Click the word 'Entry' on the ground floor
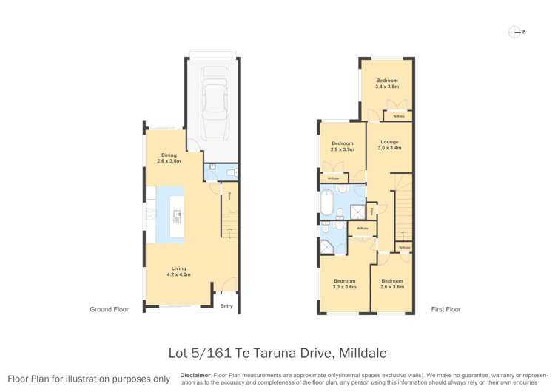(x=226, y=307)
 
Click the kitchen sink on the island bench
(x=178, y=217)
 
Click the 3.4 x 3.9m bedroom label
(x=386, y=84)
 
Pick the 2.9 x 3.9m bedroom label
(x=343, y=146)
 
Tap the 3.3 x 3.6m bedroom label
(x=344, y=284)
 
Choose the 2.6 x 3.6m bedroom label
(x=391, y=284)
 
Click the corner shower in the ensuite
(x=326, y=244)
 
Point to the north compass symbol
(x=516, y=32)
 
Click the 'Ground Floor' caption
(x=109, y=310)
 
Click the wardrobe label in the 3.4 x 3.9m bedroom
(x=399, y=116)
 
